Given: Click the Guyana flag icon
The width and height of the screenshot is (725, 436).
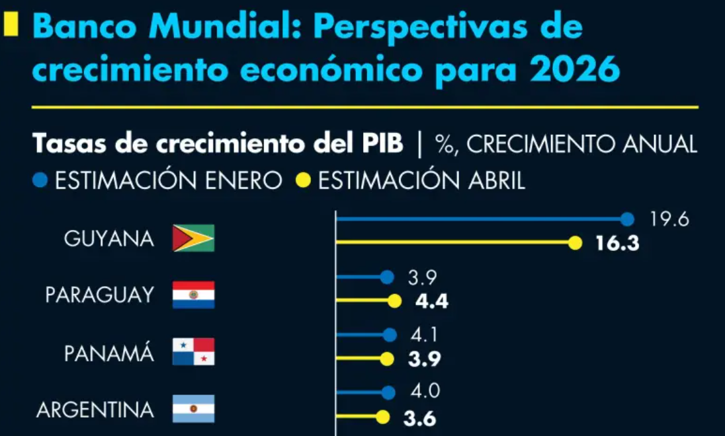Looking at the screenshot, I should pyautogui.click(x=193, y=238).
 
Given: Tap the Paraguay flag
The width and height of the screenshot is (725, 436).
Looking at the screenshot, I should pyautogui.click(x=193, y=295).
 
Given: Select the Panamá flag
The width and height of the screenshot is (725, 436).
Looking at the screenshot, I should pyautogui.click(x=193, y=352).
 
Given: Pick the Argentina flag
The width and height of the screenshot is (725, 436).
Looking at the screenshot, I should pyautogui.click(x=193, y=409).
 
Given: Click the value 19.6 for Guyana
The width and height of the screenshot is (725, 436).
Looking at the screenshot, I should pyautogui.click(x=669, y=219).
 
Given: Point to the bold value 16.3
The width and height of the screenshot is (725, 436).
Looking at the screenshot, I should pyautogui.click(x=617, y=243).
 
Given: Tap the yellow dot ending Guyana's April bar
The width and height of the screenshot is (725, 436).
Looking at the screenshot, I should pyautogui.click(x=575, y=243).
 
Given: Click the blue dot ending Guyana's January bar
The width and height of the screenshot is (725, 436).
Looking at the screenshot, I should pyautogui.click(x=627, y=219).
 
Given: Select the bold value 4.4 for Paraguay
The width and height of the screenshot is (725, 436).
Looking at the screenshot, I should pyautogui.click(x=431, y=301).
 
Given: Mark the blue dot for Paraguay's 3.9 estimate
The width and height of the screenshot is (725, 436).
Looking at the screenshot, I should pyautogui.click(x=388, y=277).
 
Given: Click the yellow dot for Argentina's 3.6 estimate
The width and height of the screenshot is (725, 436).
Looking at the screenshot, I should pyautogui.click(x=382, y=417).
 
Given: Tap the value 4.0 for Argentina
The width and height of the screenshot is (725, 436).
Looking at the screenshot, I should pyautogui.click(x=424, y=392).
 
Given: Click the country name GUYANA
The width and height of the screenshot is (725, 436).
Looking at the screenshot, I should pyautogui.click(x=109, y=239).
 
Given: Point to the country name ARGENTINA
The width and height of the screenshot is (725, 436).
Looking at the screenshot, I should pyautogui.click(x=95, y=410).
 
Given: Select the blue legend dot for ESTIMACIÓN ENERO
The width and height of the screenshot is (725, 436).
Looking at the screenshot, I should pyautogui.click(x=40, y=180).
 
